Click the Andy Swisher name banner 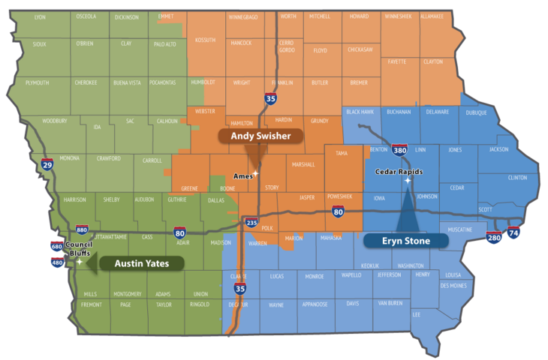pyautogui.click(x=260, y=136)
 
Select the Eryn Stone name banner pyautogui.click(x=405, y=241)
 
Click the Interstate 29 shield pyautogui.click(x=47, y=166)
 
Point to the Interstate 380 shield pyautogui.click(x=399, y=151)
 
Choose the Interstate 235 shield pyautogui.click(x=251, y=223)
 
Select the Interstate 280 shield pyautogui.click(x=494, y=238)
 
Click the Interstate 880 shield pyautogui.click(x=82, y=229)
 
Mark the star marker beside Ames pyautogui.click(x=255, y=174)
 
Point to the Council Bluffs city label pyautogui.click(x=78, y=249)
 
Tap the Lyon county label pyautogui.click(x=40, y=16)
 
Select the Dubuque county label pyautogui.click(x=476, y=112)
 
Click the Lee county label pyautogui.click(x=417, y=314)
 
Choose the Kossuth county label pyautogui.click(x=205, y=40)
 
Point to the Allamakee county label pyautogui.click(x=432, y=16)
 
